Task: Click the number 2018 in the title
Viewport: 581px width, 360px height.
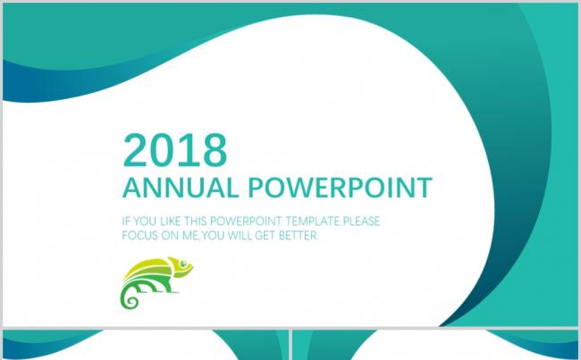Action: click(x=174, y=150)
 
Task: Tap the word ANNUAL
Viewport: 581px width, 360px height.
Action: click(x=181, y=188)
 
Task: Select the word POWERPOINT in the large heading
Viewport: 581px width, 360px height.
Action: click(x=340, y=188)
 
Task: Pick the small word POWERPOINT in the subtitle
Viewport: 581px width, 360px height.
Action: click(x=246, y=222)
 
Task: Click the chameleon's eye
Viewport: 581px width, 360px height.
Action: click(x=183, y=264)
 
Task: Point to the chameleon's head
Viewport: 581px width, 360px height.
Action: click(x=181, y=266)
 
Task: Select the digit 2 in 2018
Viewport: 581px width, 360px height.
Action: click(x=136, y=150)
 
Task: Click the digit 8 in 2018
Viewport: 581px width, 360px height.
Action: click(x=215, y=150)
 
